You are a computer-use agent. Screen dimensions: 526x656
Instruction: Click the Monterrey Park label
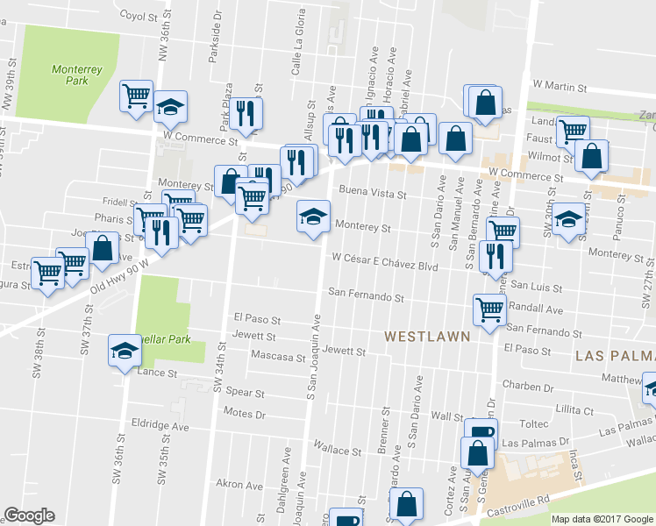[x=70, y=75]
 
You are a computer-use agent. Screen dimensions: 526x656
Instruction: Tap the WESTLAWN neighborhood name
[x=428, y=336]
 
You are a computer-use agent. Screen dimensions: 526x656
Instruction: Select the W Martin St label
[x=559, y=86]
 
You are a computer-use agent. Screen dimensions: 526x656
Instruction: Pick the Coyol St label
[x=143, y=15]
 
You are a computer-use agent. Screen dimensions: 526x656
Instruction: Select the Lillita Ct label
[x=574, y=409]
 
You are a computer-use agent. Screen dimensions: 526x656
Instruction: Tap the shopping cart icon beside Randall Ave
[x=488, y=308]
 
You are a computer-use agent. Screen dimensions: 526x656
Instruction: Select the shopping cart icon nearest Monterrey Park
[x=136, y=95]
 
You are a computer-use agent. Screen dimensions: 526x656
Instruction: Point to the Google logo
[x=29, y=515]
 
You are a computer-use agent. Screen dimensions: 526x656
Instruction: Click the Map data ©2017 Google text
[x=603, y=519]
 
